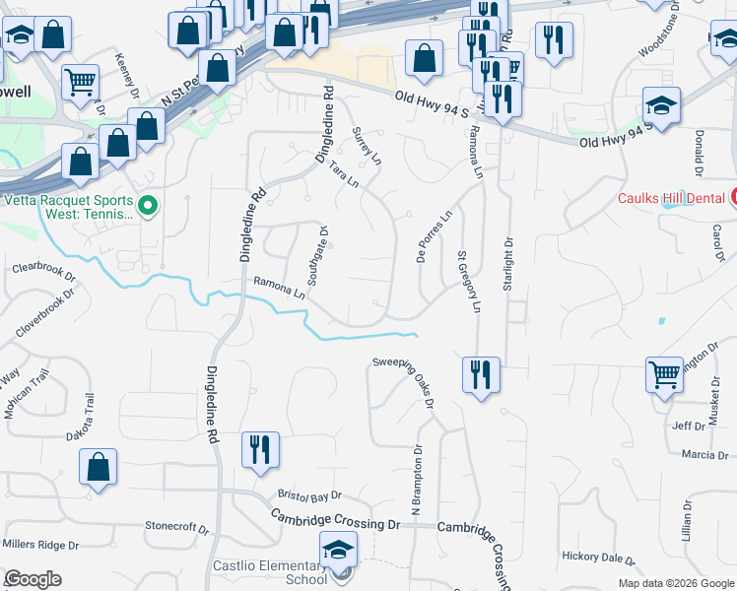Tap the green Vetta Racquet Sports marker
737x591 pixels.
pyautogui.click(x=148, y=205)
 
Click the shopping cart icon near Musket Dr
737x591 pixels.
pyautogui.click(x=665, y=374)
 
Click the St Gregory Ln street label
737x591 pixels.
pyautogui.click(x=468, y=282)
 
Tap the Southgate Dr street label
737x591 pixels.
pyautogui.click(x=317, y=256)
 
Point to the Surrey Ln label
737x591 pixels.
pyautogui.click(x=367, y=145)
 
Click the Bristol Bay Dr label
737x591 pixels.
pyautogui.click(x=309, y=495)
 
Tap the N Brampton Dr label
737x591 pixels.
pyautogui.click(x=416, y=481)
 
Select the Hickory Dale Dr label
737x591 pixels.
pyautogui.click(x=599, y=557)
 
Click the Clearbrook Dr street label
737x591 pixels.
pyautogui.click(x=43, y=268)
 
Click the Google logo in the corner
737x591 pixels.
pyautogui.click(x=33, y=578)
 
